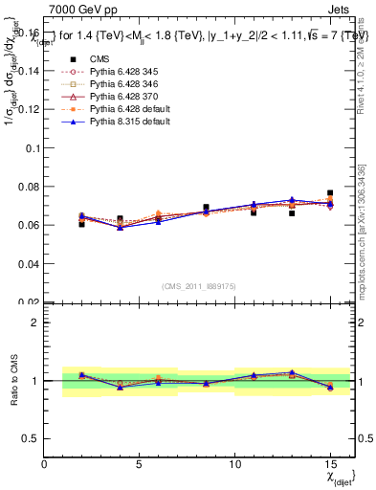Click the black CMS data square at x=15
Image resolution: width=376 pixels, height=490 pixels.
pos(330,193)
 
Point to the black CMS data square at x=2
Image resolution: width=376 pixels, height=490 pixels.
pos(81,224)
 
